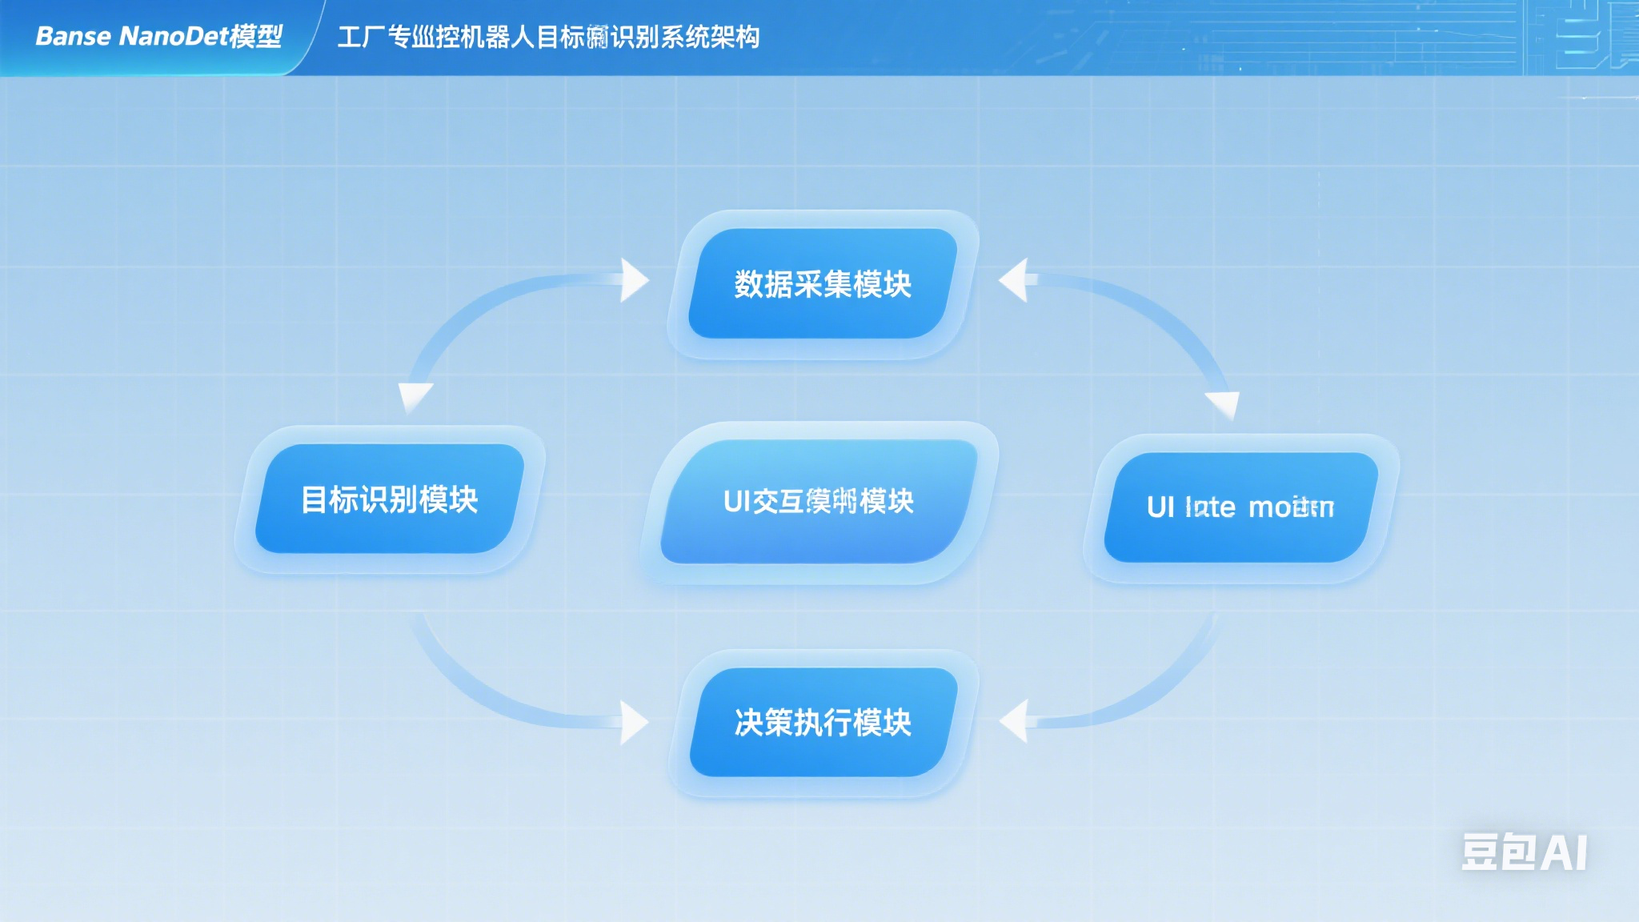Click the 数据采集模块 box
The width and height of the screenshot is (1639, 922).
click(823, 284)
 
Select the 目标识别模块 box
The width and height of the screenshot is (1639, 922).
click(390, 499)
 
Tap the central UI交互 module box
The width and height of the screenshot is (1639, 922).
click(819, 501)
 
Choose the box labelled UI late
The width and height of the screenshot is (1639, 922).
click(1240, 507)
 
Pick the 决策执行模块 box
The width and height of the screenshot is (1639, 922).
click(823, 722)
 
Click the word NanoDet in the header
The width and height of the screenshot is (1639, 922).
click(173, 36)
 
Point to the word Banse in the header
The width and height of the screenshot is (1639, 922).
click(73, 36)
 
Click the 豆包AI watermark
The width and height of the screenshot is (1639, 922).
click(1524, 852)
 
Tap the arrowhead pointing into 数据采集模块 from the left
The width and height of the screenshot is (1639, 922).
click(634, 280)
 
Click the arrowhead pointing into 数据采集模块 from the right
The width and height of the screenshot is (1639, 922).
click(1015, 280)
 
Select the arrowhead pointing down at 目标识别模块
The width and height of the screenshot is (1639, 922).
click(415, 396)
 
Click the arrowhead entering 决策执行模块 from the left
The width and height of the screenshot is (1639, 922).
click(634, 722)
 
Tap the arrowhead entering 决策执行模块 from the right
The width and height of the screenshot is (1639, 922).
click(1015, 720)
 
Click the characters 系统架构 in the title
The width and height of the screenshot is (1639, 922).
click(710, 37)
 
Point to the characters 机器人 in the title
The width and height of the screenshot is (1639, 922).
click(498, 37)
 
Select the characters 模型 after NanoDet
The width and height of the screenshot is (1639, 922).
click(255, 36)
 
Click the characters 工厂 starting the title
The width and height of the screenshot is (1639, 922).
click(362, 37)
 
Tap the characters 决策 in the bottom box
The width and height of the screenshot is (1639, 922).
click(763, 722)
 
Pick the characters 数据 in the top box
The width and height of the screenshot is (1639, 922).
click(763, 284)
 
